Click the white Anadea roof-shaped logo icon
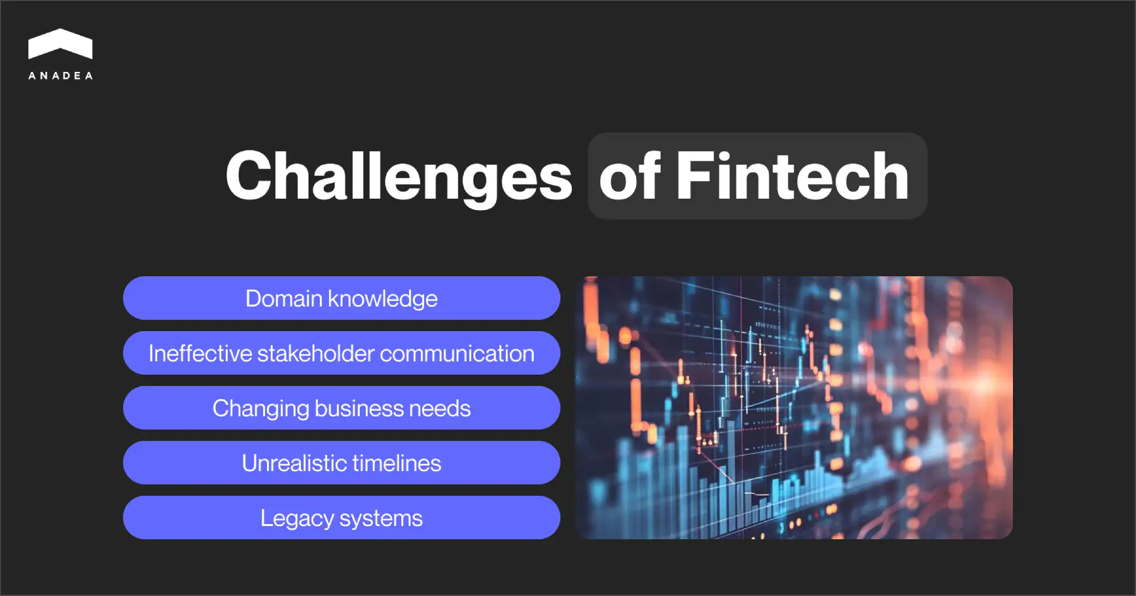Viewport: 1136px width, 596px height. [61, 44]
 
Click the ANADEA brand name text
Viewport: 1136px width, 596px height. [61, 76]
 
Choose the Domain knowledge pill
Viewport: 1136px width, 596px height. [341, 298]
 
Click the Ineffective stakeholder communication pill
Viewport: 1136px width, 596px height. [341, 353]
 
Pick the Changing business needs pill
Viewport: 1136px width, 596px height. [341, 408]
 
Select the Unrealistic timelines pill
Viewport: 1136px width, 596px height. [341, 463]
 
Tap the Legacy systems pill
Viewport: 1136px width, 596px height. [341, 518]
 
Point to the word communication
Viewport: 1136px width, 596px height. [457, 354]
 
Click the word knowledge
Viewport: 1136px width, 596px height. [382, 299]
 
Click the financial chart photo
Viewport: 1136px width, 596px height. [794, 407]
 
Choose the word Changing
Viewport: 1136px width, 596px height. [260, 409]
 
